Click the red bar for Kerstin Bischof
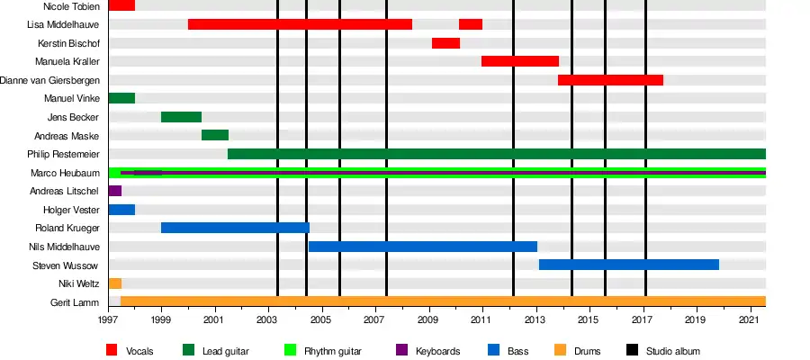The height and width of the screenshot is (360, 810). click(445, 43)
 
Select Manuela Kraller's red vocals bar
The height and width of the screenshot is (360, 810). click(520, 61)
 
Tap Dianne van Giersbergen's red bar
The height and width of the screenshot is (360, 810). click(610, 80)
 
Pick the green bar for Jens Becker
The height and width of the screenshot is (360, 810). click(181, 117)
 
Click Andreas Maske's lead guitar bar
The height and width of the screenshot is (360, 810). click(215, 135)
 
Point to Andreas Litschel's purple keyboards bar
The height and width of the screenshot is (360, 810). click(115, 191)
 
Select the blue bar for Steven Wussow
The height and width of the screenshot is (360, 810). click(629, 265)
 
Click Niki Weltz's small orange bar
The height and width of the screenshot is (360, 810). click(115, 283)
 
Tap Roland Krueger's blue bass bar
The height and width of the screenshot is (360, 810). click(235, 228)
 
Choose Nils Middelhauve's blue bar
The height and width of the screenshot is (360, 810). click(423, 247)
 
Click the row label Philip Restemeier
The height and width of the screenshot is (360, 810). click(64, 155)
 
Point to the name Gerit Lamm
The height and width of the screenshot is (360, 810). click(75, 302)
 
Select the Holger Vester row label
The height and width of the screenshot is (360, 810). click(71, 210)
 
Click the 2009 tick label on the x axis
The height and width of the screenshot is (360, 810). click(428, 320)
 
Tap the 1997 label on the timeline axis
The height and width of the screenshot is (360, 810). click(108, 320)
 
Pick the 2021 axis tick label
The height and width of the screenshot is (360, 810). click(749, 320)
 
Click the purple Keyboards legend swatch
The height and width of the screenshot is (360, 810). click(401, 350)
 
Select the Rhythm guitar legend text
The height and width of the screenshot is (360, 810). click(333, 351)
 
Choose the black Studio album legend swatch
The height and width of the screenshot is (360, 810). click(632, 350)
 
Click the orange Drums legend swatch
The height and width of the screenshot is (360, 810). click(561, 350)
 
